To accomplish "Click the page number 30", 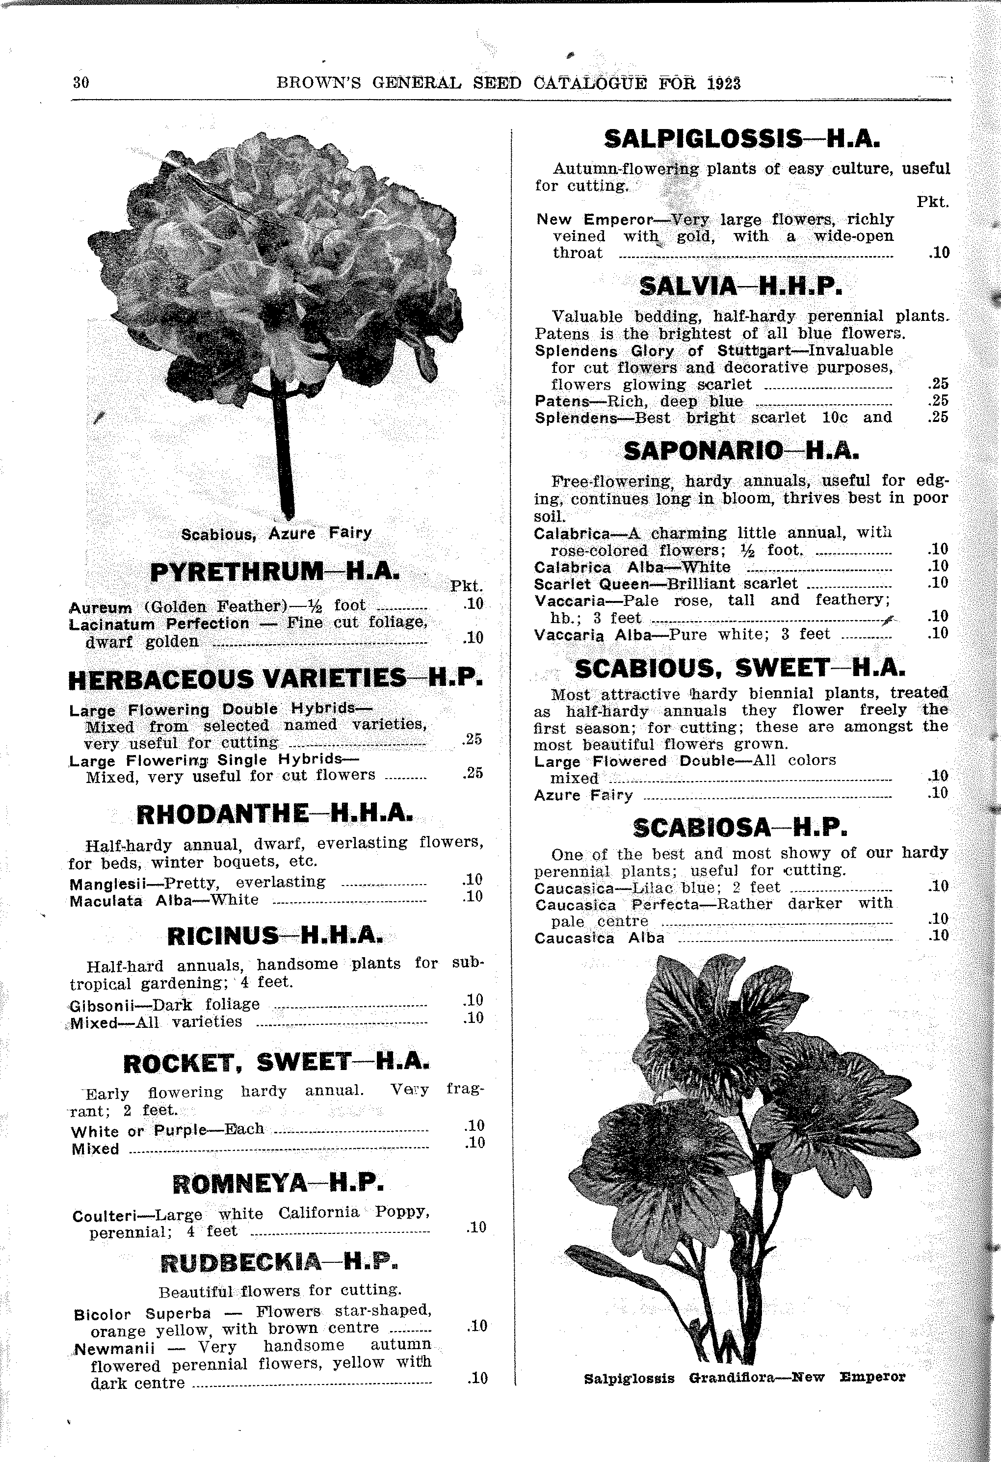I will (81, 82).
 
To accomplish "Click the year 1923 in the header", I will (724, 83).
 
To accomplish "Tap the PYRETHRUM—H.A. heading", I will (275, 571).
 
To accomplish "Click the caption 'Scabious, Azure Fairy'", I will (276, 533).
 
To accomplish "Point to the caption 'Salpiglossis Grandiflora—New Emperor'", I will (744, 1377).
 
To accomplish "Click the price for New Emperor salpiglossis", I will (938, 253).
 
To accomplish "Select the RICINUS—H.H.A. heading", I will (274, 937).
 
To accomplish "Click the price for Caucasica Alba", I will (938, 936).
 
